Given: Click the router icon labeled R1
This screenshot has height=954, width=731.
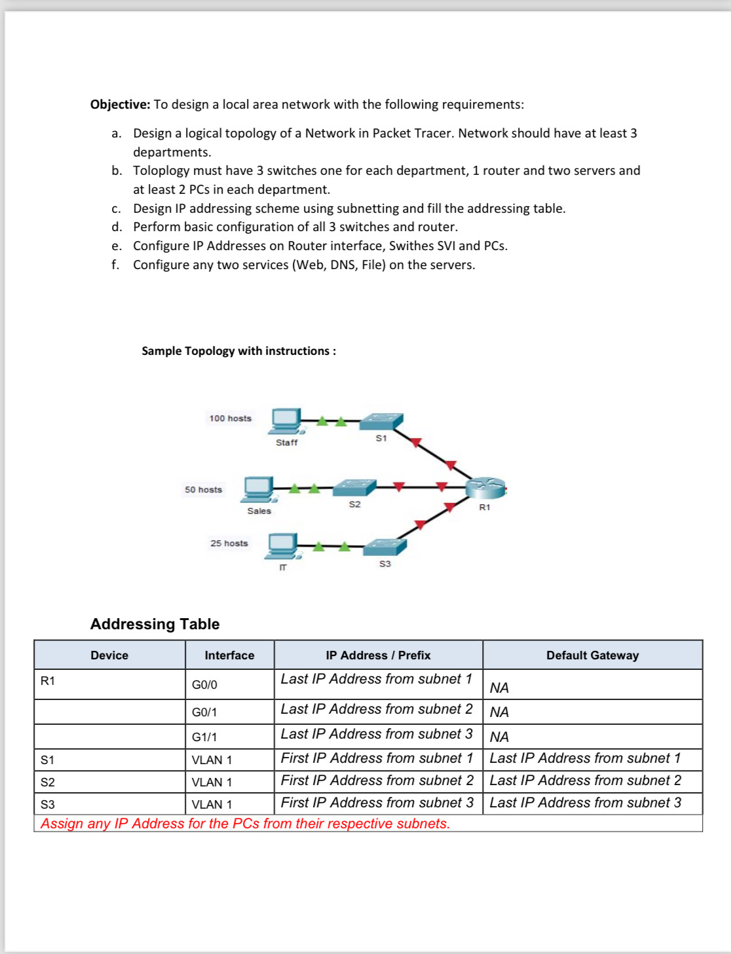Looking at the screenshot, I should pos(485,488).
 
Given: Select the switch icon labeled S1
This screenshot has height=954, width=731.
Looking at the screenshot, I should pos(381,421).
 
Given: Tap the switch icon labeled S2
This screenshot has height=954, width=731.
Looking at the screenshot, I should pos(354,488).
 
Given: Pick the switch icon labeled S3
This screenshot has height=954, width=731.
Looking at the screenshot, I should pos(384,547).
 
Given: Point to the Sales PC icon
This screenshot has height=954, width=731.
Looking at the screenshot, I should pos(259,489).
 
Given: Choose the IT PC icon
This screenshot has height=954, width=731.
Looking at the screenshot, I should pos(282,546).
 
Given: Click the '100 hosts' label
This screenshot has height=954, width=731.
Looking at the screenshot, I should pos(230,418).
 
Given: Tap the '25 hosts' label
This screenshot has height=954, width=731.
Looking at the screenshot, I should pos(229,543).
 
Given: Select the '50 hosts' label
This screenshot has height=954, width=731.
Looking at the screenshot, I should pos(203,490).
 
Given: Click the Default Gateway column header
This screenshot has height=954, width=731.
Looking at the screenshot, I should pos(592,655).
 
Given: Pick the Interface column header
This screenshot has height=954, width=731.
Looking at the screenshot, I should pos(229,655).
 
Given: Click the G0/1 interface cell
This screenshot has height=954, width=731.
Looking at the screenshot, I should pos(204,712).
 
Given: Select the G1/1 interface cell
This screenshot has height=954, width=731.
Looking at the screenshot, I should pos(204,737).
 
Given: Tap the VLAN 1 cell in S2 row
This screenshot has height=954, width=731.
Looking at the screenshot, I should pos(212,782).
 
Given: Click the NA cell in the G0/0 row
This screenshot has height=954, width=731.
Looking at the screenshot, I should pos(499,688).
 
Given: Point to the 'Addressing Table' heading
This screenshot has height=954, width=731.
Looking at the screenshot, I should pos(155,624).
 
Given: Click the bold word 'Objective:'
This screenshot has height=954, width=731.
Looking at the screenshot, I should pos(120,105).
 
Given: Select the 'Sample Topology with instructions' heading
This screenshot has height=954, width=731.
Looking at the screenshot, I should pos(238,351).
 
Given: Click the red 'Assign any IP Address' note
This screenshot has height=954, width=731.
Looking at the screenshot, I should pos(245,824).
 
